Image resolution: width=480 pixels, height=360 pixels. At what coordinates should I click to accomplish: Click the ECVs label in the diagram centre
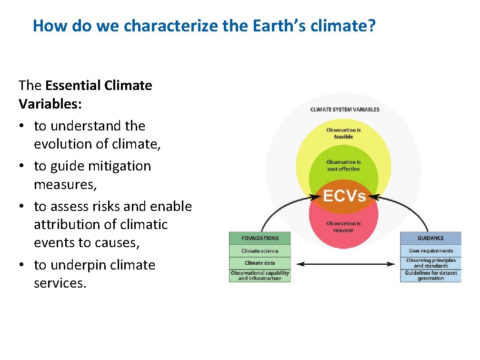click(x=344, y=196)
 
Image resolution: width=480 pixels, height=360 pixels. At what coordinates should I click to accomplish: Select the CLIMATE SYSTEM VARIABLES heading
click(x=345, y=110)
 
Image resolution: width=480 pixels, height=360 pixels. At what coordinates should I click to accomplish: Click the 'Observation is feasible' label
click(x=343, y=133)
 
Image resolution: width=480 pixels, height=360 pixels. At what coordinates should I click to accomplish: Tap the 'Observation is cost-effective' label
click(x=343, y=165)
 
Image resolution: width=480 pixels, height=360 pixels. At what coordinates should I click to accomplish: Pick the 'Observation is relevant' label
click(x=343, y=227)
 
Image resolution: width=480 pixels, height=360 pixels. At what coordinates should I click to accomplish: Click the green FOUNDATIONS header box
click(x=260, y=238)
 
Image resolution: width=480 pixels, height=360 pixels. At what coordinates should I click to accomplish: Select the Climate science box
click(x=260, y=251)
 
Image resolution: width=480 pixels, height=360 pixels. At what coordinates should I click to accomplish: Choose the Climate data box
click(x=260, y=263)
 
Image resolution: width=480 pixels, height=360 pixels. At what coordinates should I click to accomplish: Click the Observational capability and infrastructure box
click(x=260, y=276)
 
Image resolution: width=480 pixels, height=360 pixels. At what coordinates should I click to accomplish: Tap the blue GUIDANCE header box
click(x=430, y=238)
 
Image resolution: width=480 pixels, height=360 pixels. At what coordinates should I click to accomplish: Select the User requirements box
click(x=430, y=251)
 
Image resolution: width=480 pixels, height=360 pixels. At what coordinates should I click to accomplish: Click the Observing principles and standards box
click(x=430, y=263)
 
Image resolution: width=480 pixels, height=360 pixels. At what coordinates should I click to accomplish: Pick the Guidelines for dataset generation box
click(x=430, y=276)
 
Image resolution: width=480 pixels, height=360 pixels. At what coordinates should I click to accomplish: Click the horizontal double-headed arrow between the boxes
click(x=345, y=264)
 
